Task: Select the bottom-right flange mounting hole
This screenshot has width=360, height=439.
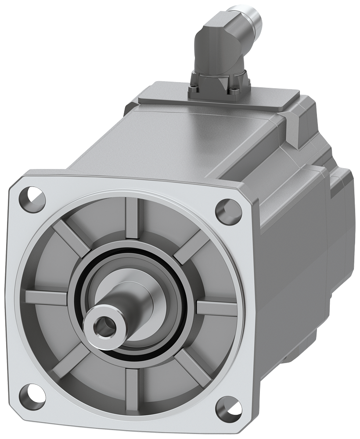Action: (x=228, y=407)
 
